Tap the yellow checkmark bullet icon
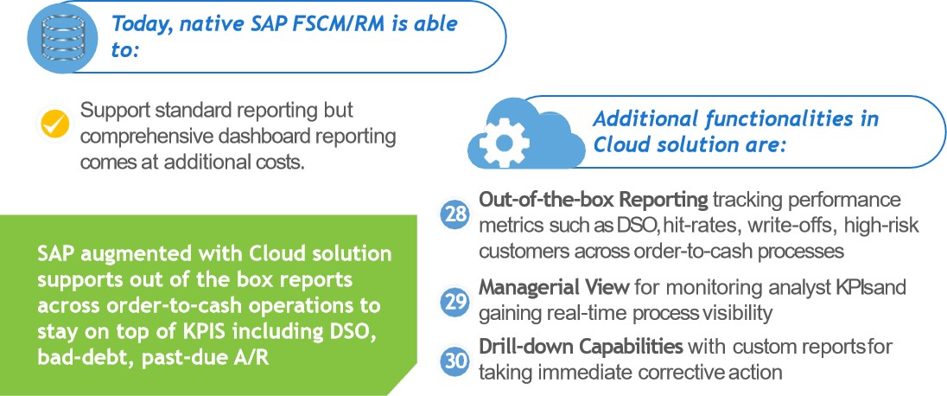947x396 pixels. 55,124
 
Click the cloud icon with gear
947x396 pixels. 516,131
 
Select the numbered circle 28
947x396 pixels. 454,215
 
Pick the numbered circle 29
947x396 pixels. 454,300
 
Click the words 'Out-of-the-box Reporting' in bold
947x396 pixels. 594,201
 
